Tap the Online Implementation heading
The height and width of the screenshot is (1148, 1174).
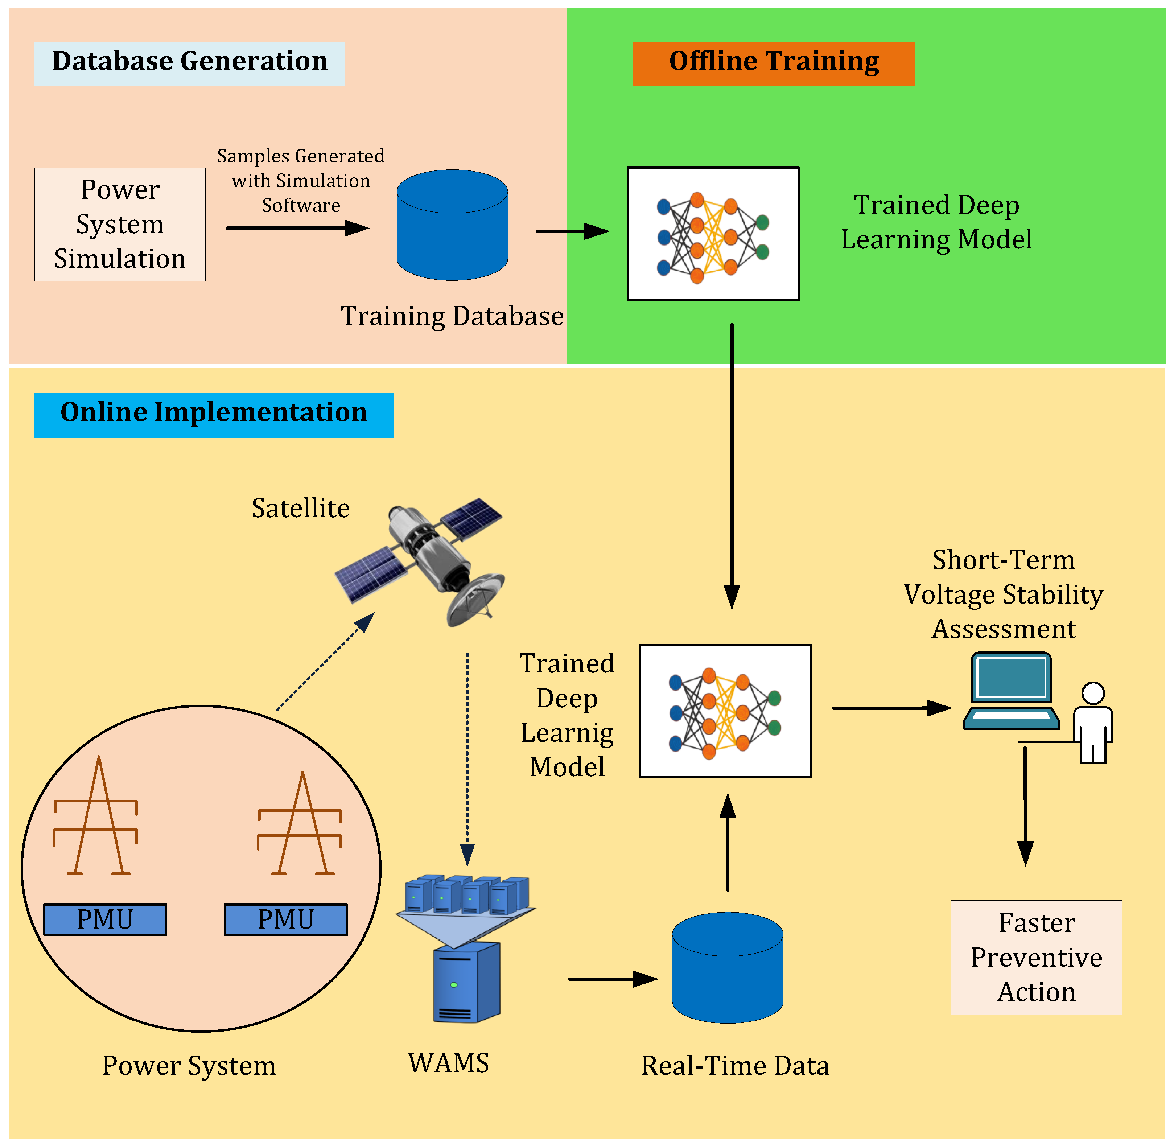pos(214,415)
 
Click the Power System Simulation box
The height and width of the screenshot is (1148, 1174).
pos(120,224)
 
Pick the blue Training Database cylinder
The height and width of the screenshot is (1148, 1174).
pos(452,225)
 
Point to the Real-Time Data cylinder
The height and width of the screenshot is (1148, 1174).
pos(728,968)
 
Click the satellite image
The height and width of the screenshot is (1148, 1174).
pos(420,562)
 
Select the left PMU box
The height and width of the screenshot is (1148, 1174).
pos(105,919)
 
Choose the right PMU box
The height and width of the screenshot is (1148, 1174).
pos(286,919)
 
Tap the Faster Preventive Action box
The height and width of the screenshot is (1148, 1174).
pos(1037,958)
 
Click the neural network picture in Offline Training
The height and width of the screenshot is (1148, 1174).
pos(713,234)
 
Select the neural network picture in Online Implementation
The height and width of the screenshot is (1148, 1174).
pos(725,711)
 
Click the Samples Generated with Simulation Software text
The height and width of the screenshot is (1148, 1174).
pos(301,180)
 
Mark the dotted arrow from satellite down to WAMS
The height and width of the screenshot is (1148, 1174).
pos(467,759)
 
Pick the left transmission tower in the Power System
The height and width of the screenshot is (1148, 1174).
pos(96,815)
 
